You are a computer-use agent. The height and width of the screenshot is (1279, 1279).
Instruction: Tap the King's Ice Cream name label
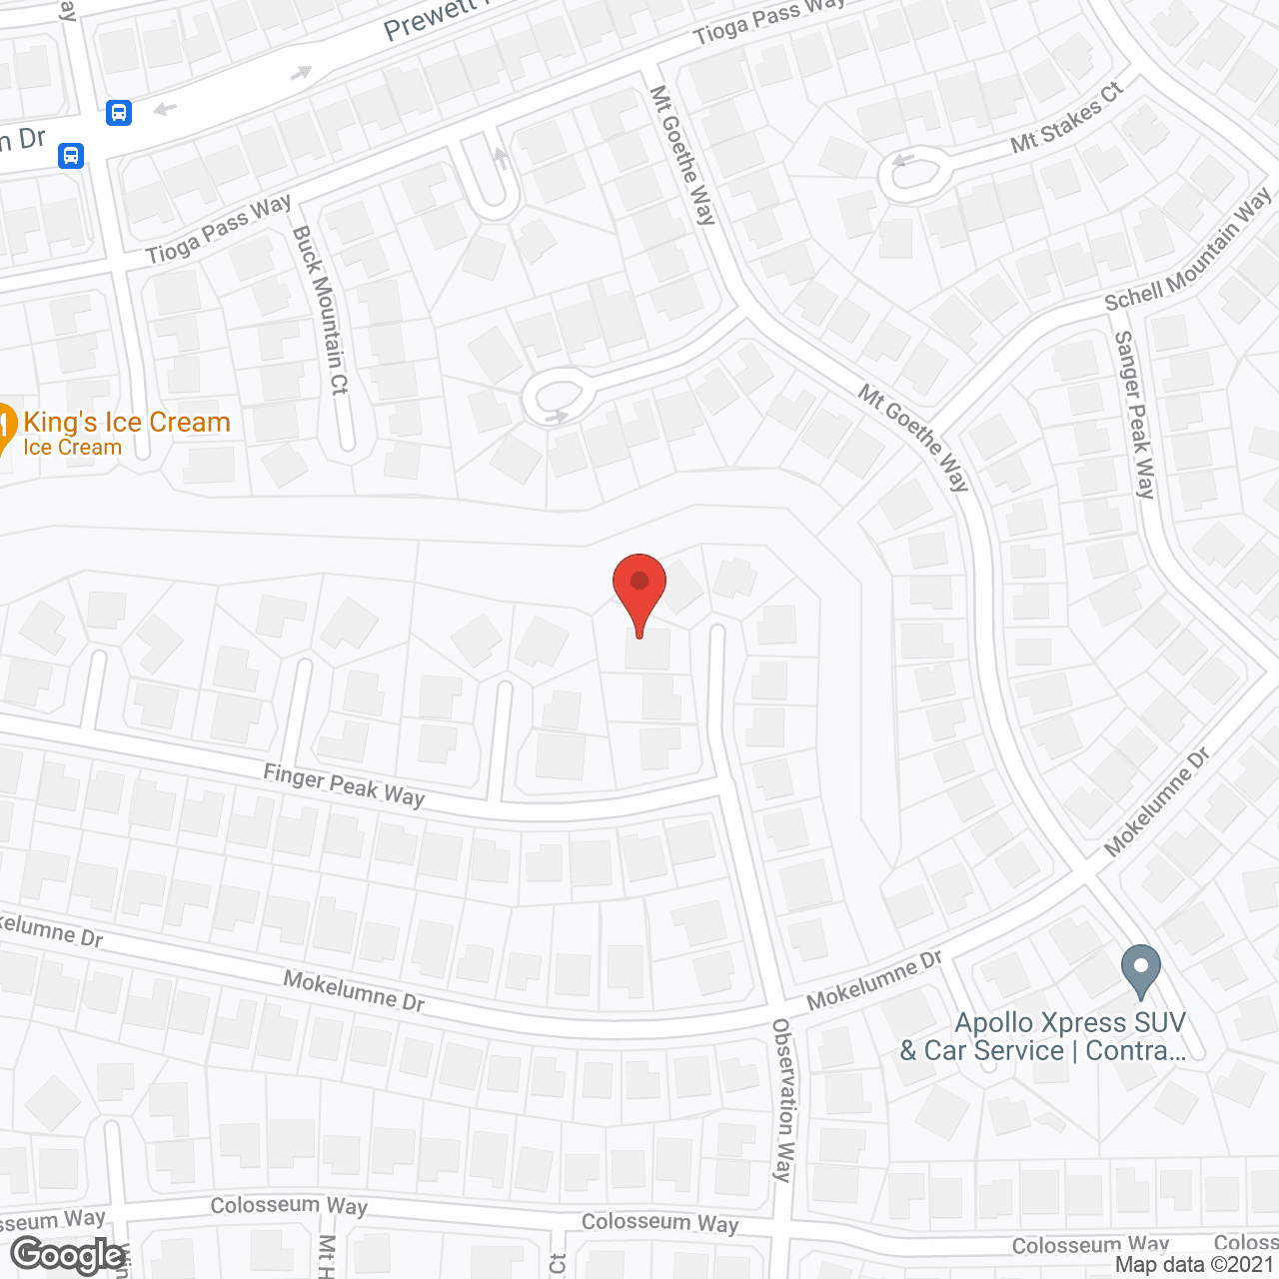point(127,423)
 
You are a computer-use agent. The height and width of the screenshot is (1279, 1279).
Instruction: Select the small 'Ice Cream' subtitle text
point(73,448)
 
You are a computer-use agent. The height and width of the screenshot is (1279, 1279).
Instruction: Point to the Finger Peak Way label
point(344,784)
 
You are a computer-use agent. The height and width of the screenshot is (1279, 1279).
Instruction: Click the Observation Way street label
point(784,1099)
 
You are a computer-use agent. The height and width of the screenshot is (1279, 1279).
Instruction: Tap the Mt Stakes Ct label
point(1066,118)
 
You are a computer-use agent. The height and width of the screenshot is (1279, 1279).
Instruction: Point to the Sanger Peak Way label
point(1135,414)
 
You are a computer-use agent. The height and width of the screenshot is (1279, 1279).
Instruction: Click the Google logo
point(68,1255)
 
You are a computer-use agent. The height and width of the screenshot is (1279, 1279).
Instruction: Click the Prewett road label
point(430,20)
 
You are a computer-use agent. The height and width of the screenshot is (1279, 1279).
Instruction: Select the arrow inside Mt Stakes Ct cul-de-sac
point(905,160)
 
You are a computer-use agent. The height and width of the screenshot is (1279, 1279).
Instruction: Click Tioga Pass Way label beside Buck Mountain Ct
point(218,230)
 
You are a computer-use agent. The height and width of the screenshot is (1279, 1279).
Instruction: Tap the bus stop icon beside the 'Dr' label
point(71,156)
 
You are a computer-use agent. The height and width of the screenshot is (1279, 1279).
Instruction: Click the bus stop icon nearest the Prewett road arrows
point(119,112)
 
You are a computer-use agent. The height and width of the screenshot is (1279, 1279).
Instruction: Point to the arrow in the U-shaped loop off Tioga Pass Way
point(501,158)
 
